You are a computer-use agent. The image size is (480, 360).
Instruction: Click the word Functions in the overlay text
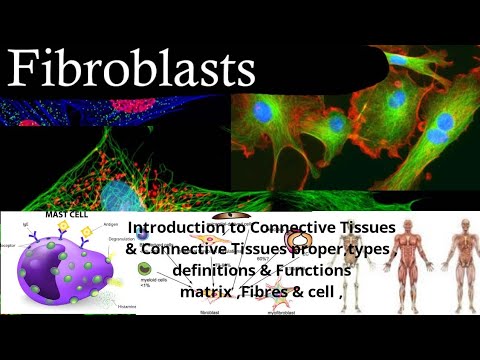[308, 270]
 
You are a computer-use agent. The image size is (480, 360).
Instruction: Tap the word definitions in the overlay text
[214, 270]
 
